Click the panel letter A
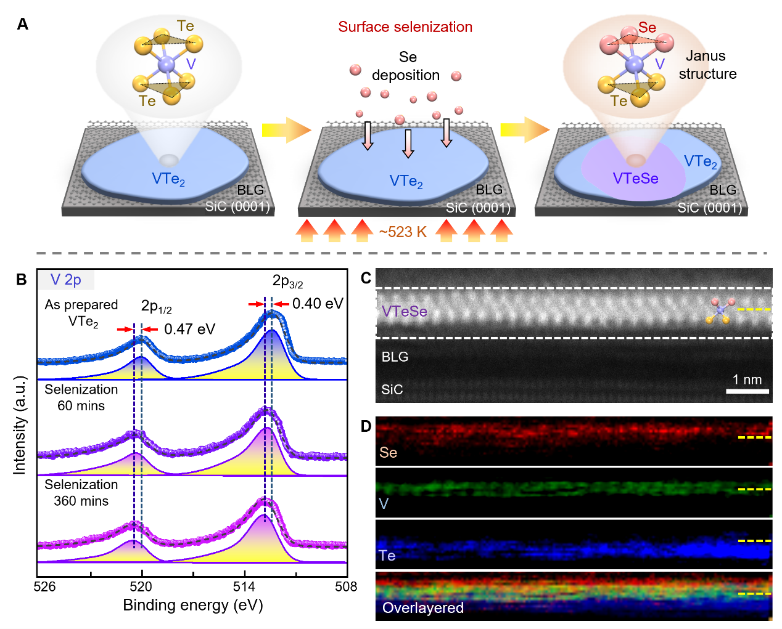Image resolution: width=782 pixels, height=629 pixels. tap(23, 24)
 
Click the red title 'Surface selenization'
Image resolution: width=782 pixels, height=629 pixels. tap(405, 27)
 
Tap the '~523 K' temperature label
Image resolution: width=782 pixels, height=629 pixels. tap(403, 232)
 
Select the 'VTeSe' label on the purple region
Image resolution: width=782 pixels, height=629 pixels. tap(635, 179)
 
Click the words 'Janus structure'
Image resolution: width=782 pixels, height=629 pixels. tap(707, 65)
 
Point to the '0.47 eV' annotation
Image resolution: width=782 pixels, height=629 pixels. tap(189, 329)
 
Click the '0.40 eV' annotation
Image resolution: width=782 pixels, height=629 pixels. tap(317, 303)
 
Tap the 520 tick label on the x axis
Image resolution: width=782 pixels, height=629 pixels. tap(142, 586)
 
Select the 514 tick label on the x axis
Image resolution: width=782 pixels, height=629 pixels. tap(244, 586)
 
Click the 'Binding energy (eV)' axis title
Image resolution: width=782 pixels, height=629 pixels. tap(193, 605)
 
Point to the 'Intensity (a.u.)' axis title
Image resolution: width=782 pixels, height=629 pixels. tap(20, 425)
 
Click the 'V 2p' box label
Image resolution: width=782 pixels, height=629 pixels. tap(66, 280)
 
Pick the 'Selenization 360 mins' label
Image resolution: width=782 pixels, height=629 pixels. tap(81, 493)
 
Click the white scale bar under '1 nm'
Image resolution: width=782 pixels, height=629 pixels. tap(747, 391)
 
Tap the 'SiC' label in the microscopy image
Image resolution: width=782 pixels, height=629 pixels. tap(392, 389)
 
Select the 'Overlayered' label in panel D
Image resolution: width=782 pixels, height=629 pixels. tap(422, 608)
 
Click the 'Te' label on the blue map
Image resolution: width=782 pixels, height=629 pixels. tap(387, 556)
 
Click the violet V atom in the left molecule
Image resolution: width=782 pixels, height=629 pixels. tap(167, 63)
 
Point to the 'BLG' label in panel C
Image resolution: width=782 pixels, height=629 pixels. tap(395, 357)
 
